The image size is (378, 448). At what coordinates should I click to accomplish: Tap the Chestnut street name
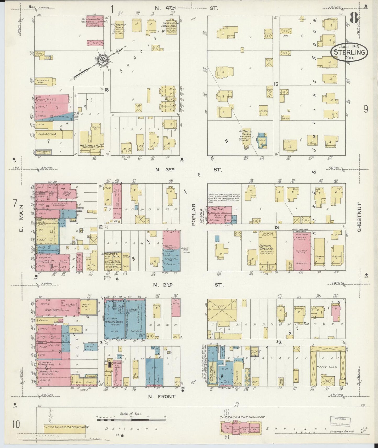(359, 217)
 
